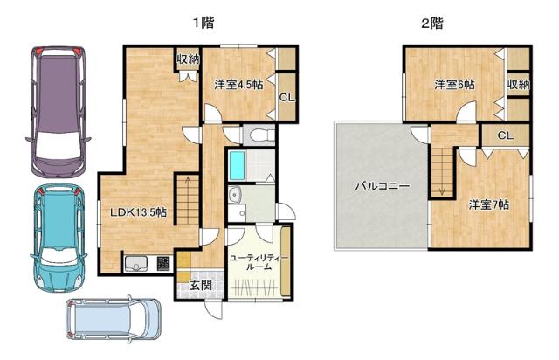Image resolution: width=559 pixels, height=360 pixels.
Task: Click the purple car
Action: click(54, 109)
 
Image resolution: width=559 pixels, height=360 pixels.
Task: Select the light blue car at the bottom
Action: click(113, 320)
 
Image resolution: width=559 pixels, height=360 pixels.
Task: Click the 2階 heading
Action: click(431, 24)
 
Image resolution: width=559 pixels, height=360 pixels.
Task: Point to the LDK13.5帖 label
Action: click(138, 212)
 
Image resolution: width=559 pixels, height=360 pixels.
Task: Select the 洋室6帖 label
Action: click(455, 85)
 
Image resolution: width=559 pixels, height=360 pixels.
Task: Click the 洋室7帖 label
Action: click(488, 204)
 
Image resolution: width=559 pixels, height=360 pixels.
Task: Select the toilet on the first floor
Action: click(259, 135)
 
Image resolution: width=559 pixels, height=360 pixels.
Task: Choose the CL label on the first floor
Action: click(286, 97)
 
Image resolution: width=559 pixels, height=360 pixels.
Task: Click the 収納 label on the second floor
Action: click(518, 85)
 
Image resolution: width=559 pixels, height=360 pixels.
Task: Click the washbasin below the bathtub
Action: click(234, 195)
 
